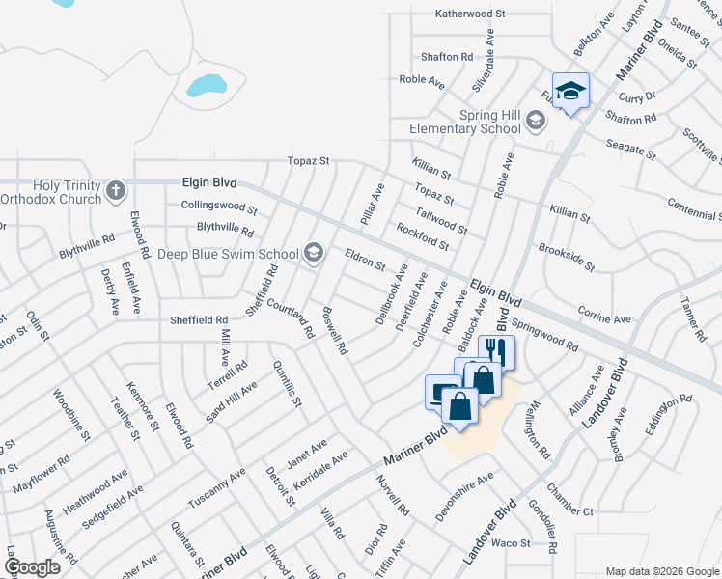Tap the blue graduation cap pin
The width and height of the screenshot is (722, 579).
tap(570, 91)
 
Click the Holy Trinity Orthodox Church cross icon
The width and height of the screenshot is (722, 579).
tap(116, 189)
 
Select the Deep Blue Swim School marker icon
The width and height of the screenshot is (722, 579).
tap(313, 254)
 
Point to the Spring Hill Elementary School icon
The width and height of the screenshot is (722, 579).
tap(536, 122)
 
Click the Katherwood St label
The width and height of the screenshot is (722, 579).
tap(470, 14)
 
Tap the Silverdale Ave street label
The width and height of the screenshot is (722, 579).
tap(482, 60)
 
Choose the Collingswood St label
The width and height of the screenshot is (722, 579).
tap(219, 207)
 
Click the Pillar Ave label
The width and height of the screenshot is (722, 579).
tap(373, 204)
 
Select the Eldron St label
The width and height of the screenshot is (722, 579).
tap(365, 259)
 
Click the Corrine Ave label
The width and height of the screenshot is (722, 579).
tap(603, 317)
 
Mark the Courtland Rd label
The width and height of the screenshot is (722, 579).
tap(291, 317)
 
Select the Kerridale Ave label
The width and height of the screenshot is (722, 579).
tap(319, 468)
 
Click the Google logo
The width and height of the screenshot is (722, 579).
tap(32, 567)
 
